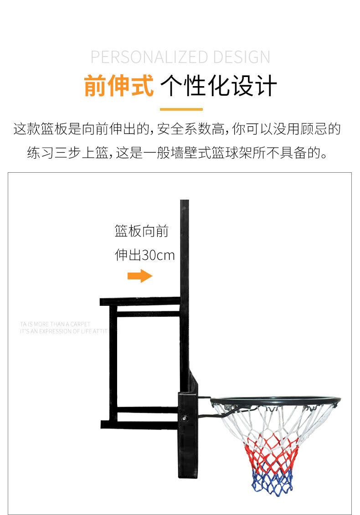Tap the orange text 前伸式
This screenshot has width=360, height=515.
click(x=119, y=85)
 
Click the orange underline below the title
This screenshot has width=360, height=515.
click(x=181, y=109)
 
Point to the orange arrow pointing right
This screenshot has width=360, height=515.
click(x=139, y=276)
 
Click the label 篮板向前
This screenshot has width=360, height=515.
click(x=142, y=232)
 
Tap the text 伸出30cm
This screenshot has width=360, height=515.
click(x=144, y=255)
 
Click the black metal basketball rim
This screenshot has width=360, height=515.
click(x=278, y=400)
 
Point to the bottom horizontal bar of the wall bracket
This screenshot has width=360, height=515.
click(x=139, y=424)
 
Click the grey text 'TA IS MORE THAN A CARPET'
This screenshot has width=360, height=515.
click(x=55, y=324)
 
